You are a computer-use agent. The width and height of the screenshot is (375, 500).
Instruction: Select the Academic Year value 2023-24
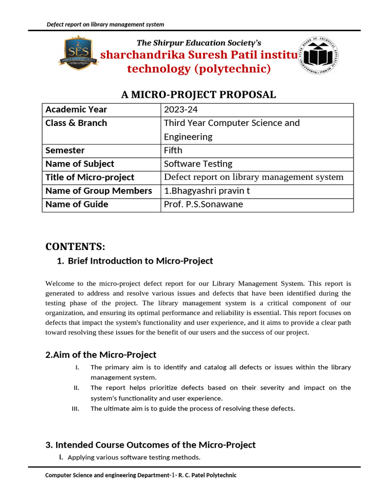[x=181, y=110]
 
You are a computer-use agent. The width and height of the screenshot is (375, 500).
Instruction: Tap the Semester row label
[x=65, y=150]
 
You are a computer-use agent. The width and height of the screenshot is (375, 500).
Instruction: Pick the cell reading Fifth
[x=173, y=150]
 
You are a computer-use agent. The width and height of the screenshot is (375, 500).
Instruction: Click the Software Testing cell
[x=198, y=164]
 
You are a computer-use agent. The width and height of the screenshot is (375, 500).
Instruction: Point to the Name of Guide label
[x=77, y=205]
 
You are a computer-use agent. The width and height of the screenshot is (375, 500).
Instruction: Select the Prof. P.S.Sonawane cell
[x=203, y=205]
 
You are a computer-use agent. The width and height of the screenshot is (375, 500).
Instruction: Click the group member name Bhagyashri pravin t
[x=207, y=191]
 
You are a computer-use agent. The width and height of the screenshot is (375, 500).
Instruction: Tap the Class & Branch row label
[x=76, y=123]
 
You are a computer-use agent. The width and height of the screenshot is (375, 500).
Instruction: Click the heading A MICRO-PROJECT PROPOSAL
[x=198, y=95]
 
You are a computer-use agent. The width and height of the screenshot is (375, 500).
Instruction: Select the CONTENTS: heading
[x=75, y=246]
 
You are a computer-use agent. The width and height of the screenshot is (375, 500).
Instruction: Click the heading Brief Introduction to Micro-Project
[x=140, y=261]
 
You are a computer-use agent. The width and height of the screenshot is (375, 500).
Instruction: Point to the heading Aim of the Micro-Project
[x=101, y=355]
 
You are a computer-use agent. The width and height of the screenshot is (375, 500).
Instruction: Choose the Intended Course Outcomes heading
[x=150, y=445]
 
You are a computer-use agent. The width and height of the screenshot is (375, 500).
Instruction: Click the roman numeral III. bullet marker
[x=75, y=409]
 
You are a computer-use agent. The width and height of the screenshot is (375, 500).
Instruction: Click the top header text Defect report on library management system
[x=105, y=24]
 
